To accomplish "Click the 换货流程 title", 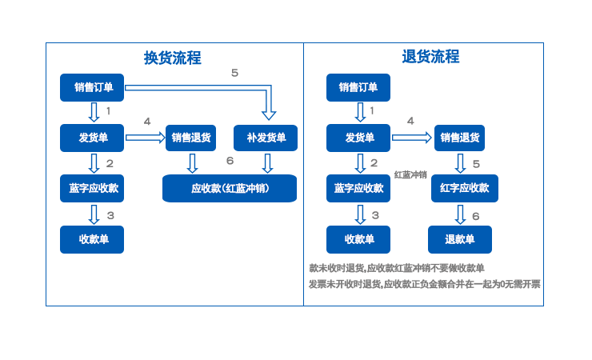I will point(172,58).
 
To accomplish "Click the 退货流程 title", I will point(430,57).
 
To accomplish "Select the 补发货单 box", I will point(266,138).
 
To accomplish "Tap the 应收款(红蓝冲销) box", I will point(230,189).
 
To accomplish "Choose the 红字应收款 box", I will point(464,188).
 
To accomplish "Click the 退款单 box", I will point(459,239).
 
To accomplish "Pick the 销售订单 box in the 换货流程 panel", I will point(92,87).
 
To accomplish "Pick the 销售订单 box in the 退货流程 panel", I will point(358,87).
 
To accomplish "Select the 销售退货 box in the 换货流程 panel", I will point(190,138).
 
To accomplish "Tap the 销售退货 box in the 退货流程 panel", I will point(459,138).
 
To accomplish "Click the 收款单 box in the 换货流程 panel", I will point(92,239).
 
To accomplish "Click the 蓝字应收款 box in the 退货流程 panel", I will point(358,188).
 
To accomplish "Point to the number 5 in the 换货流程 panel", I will point(234,74).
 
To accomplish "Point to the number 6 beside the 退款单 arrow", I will point(475,216).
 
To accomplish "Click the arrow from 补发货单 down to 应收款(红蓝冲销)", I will point(267,163).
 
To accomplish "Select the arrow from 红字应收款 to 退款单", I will point(460,214).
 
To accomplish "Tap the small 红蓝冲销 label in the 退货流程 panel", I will point(410,174).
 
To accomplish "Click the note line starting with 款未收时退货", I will point(396,268).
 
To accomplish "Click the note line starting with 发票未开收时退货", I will point(424,284).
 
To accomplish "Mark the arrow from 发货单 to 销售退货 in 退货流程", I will point(411,138).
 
